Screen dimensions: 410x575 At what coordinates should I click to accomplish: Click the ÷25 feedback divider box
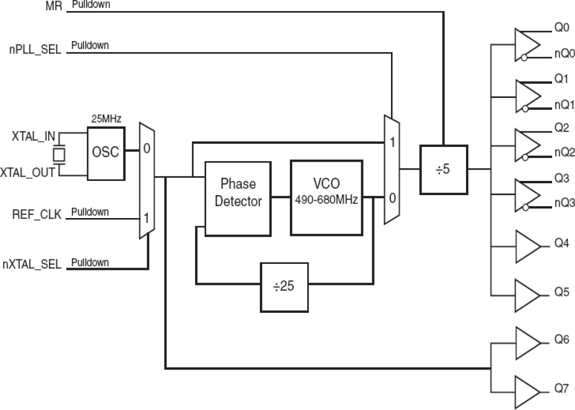(x=284, y=287)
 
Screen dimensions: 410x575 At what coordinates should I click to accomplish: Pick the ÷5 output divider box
(x=444, y=169)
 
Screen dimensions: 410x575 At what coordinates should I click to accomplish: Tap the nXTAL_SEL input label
(x=32, y=265)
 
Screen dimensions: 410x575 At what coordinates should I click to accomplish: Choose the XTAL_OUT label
(x=27, y=173)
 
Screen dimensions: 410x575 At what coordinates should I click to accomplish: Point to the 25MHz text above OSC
(x=106, y=120)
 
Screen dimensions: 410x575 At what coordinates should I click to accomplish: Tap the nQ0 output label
(x=564, y=55)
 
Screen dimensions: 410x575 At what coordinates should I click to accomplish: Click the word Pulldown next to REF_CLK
(x=90, y=212)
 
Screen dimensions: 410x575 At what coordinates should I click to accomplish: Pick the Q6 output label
(x=562, y=339)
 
